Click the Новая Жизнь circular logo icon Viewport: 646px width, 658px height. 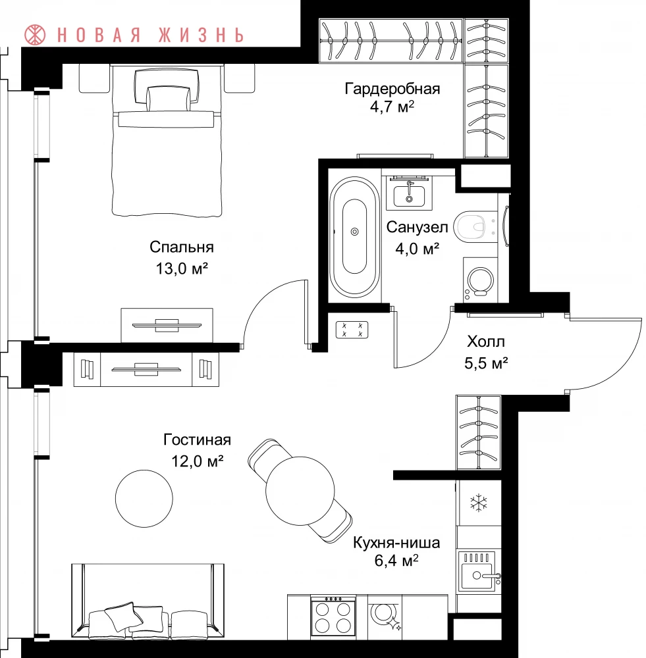pyautogui.click(x=35, y=35)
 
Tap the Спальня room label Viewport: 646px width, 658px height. pyautogui.click(x=182, y=247)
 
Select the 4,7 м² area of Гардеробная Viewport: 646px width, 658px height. pyautogui.click(x=392, y=107)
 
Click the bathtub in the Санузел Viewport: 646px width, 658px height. pyautogui.click(x=354, y=237)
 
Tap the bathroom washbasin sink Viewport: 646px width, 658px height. pyautogui.click(x=409, y=194)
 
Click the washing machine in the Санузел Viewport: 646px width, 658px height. pyautogui.click(x=480, y=280)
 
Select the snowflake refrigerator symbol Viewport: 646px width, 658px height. pyautogui.click(x=479, y=503)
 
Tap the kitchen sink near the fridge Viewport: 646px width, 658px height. pyautogui.click(x=479, y=570)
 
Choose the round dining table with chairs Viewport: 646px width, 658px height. pyautogui.click(x=300, y=491)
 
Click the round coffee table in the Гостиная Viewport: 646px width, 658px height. pyautogui.click(x=144, y=499)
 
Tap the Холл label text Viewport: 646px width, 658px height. pyautogui.click(x=486, y=342)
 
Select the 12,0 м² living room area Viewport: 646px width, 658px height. pyautogui.click(x=197, y=461)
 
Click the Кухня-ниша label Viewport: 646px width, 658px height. pyautogui.click(x=396, y=542)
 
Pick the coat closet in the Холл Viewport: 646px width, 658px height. pyautogui.click(x=479, y=432)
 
